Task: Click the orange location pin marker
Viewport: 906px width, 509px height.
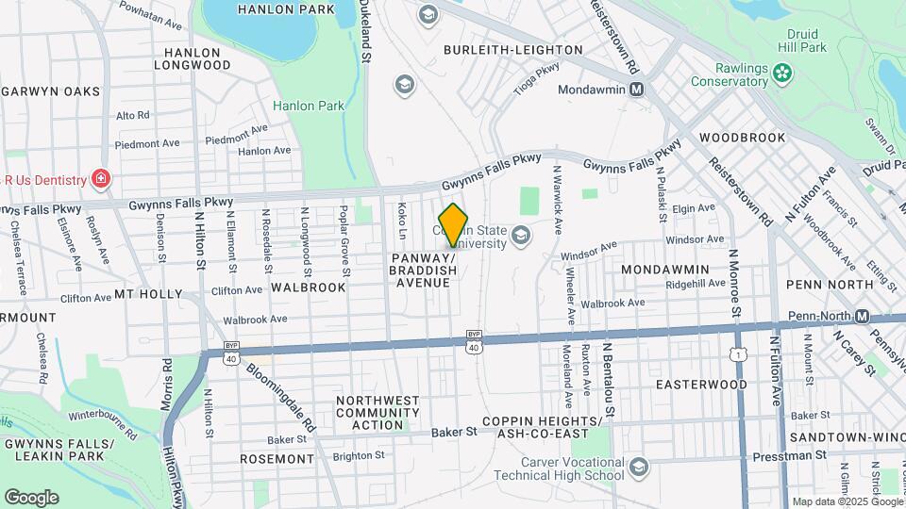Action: point(453,224)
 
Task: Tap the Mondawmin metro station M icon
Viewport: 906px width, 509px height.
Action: point(637,90)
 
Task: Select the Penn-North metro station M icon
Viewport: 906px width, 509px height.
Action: point(862,317)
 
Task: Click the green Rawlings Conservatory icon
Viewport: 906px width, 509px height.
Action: point(781,72)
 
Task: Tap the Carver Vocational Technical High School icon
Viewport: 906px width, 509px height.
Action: point(640,468)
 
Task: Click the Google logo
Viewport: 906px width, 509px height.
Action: point(31,498)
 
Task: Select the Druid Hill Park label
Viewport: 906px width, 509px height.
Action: point(807,40)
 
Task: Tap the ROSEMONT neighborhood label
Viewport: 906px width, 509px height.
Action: point(277,459)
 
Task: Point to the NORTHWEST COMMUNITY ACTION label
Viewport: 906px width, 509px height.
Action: point(377,413)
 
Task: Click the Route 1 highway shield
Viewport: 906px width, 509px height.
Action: point(735,353)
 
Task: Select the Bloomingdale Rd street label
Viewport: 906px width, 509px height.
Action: point(281,395)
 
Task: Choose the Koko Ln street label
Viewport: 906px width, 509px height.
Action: point(401,222)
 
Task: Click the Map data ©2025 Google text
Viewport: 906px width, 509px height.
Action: point(847,501)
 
